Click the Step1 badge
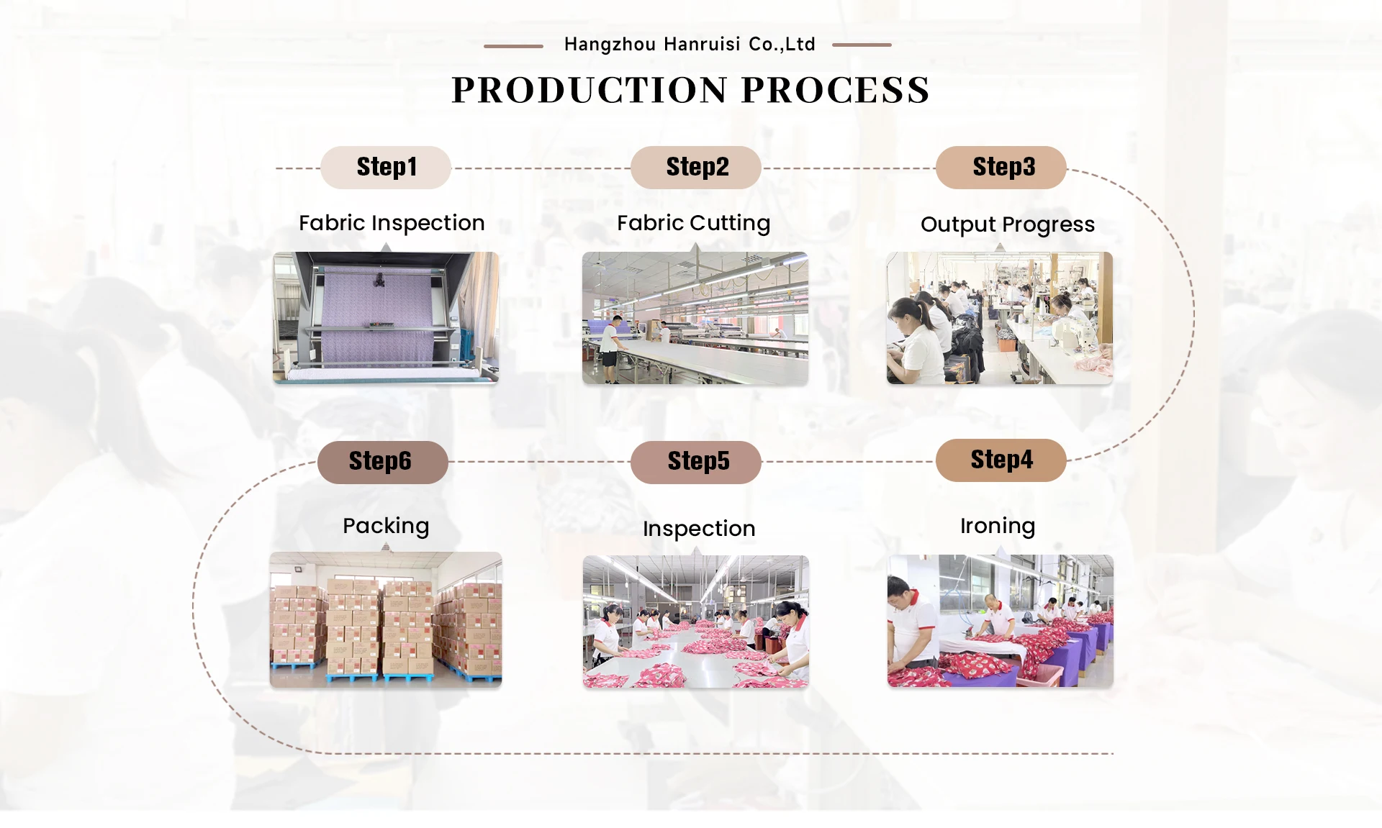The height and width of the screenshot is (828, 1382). click(x=386, y=168)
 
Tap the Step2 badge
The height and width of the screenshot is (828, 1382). click(x=696, y=168)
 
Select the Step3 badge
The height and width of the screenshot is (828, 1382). click(x=1001, y=168)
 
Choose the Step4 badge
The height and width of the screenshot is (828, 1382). click(x=1001, y=460)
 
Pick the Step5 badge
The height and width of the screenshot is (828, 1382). click(x=696, y=462)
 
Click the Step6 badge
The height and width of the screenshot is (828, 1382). click(x=383, y=462)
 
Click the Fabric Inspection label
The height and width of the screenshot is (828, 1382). click(x=392, y=224)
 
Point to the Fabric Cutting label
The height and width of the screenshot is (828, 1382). click(x=693, y=224)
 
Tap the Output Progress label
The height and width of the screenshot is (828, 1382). click(x=1008, y=225)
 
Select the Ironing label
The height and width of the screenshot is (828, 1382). click(x=998, y=527)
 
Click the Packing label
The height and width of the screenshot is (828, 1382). click(x=386, y=527)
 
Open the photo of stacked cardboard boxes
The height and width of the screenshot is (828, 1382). click(x=386, y=620)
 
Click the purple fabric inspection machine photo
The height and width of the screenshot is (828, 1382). click(x=386, y=318)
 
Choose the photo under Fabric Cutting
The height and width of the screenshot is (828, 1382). click(x=695, y=318)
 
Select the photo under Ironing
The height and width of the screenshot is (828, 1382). click(x=1001, y=621)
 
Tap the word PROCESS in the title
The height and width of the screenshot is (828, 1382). click(x=836, y=91)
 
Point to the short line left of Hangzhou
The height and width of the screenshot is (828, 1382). click(x=513, y=46)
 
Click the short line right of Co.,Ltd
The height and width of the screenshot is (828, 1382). click(x=862, y=45)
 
